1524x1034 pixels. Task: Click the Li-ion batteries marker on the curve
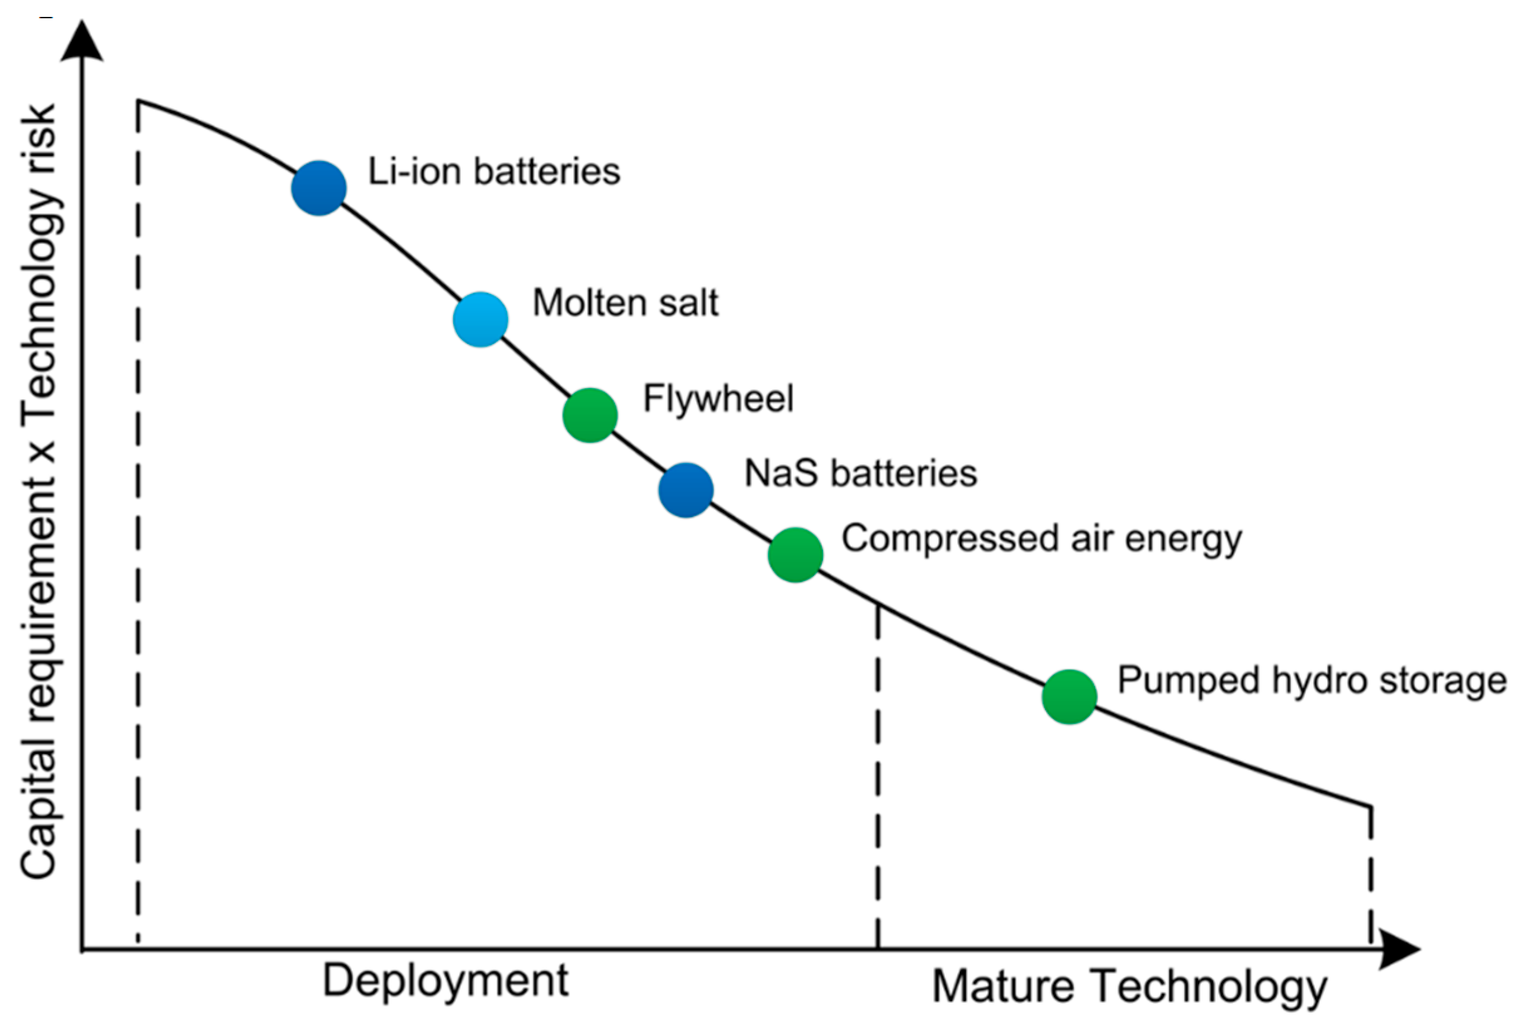point(318,188)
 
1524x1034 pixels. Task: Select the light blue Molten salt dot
point(481,320)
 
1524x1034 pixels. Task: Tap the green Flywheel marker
point(590,415)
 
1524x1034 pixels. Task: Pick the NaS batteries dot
point(686,491)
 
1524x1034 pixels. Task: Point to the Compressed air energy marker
point(796,555)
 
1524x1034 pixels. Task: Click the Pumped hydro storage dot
point(1069,697)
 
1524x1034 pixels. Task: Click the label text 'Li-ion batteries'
point(494,172)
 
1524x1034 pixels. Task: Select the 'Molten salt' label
point(625,303)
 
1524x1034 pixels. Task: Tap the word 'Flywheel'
point(718,399)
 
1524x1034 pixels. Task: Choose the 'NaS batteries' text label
point(860,473)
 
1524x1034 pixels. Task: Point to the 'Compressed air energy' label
point(1041,539)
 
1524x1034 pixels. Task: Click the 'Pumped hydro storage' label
point(1311,681)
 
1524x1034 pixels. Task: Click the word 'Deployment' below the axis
point(445,981)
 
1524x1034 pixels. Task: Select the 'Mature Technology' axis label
point(1129,987)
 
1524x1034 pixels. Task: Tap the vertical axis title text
point(39,492)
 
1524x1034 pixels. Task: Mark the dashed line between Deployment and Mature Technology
point(878,774)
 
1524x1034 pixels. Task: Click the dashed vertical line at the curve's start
point(138,525)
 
